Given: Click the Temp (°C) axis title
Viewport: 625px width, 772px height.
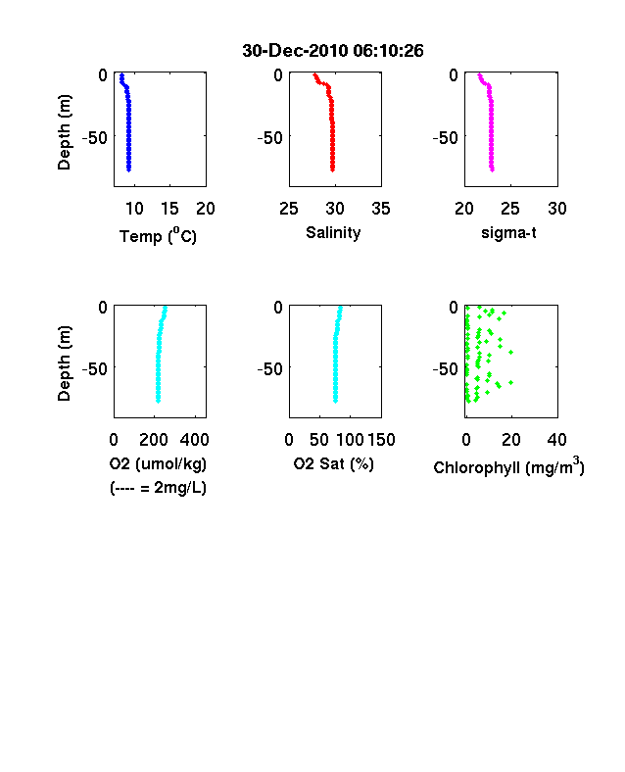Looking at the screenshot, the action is [x=158, y=235].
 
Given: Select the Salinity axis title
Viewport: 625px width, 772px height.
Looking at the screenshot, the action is [x=333, y=232].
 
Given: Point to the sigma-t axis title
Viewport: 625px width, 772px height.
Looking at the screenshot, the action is [x=508, y=232].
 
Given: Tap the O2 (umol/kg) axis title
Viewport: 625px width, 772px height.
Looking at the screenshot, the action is [x=158, y=463].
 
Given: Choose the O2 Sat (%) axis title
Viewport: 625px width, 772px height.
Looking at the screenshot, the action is [x=334, y=463].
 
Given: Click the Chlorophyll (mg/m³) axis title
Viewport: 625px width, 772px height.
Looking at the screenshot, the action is [x=508, y=465].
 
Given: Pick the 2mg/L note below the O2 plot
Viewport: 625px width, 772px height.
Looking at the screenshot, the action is [x=158, y=488].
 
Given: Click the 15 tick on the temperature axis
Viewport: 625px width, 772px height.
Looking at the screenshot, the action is [x=169, y=209].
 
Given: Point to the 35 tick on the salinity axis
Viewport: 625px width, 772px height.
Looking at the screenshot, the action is [x=381, y=209].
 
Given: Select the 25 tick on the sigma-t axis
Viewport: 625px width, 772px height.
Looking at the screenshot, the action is [x=510, y=209].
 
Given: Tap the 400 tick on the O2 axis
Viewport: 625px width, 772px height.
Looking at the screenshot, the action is [x=194, y=440].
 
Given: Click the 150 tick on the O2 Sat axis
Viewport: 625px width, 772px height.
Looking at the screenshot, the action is [x=381, y=440].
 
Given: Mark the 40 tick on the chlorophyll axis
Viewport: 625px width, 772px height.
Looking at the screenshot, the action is [x=556, y=440].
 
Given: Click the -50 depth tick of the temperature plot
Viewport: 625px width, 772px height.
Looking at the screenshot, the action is [x=94, y=138].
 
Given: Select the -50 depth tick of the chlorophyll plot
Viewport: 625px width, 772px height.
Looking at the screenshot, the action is [x=446, y=368].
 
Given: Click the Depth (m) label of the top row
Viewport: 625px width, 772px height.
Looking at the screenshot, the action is [x=65, y=132].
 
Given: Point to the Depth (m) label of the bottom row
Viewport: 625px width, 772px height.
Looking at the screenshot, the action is [x=65, y=363].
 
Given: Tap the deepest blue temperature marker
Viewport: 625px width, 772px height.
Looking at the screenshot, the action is [x=129, y=169].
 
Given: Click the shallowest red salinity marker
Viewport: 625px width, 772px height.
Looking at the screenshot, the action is [x=315, y=74].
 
